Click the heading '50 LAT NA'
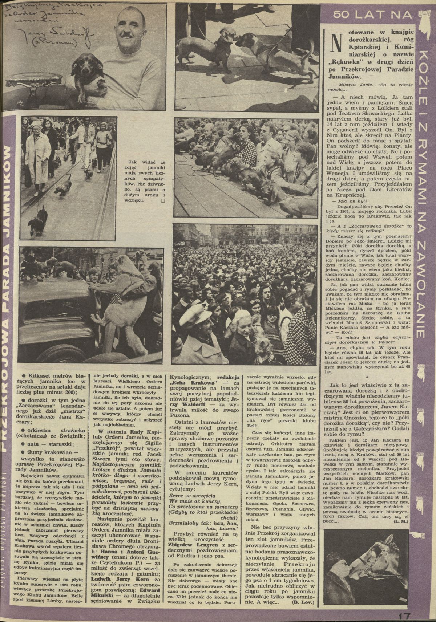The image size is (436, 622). tap(373, 15)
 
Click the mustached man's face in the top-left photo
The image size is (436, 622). tap(127, 30)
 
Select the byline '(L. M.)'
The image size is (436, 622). tap(400, 521)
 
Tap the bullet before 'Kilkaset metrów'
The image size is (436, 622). tap(23, 375)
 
